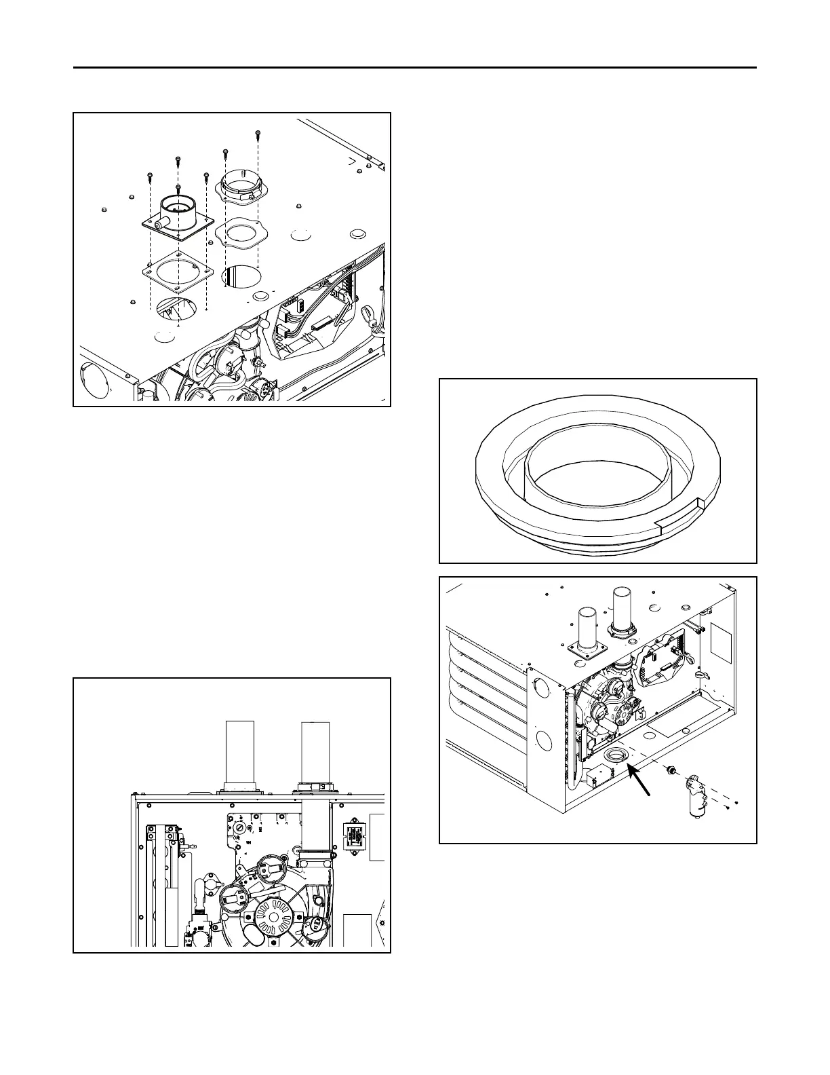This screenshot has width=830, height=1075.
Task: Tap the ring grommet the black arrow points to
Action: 616,757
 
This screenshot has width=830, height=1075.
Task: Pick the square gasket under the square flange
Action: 178,271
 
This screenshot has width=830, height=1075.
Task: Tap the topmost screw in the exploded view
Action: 258,134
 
